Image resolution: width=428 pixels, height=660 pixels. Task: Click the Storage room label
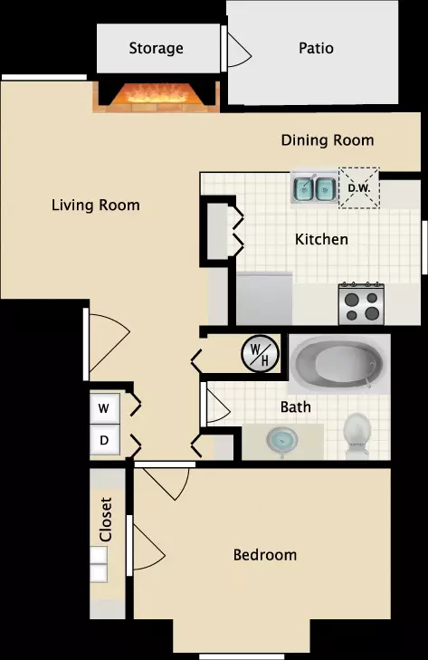point(156,48)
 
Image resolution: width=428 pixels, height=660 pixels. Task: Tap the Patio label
point(316,48)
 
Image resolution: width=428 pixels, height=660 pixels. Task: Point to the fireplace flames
point(157,93)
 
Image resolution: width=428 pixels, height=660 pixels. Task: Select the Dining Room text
point(328,140)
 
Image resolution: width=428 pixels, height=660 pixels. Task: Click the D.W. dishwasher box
point(359,188)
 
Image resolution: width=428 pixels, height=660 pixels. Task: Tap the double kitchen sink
point(314,189)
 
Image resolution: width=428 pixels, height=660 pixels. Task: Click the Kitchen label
point(321,239)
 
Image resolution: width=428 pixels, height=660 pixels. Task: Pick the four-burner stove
point(362,304)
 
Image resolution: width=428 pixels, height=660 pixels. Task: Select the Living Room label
point(96,205)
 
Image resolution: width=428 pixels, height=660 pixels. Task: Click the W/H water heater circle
point(261,354)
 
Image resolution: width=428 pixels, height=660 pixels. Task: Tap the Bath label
point(295,407)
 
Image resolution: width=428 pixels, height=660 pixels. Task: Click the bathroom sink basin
point(282,440)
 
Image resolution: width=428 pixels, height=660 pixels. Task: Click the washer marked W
point(104,408)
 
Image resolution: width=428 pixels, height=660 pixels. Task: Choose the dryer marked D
point(104,440)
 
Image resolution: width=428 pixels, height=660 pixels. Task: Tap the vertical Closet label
point(105,520)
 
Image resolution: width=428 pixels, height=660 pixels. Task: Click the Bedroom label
point(265,555)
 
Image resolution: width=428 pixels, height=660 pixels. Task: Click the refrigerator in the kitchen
point(264,299)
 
